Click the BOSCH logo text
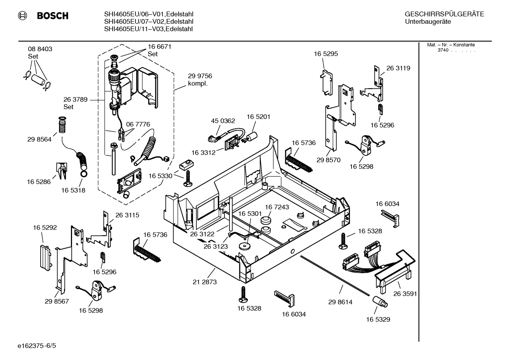point(52,16)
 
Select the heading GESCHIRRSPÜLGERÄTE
point(444,14)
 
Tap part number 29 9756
point(200,76)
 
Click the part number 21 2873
point(205,282)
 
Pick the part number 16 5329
point(378,319)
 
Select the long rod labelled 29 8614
point(335,274)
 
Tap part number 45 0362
point(223,121)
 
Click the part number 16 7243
point(277,207)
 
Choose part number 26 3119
point(398,68)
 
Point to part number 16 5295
point(326,54)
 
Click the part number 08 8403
point(40,49)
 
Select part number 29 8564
point(39,140)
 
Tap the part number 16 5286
point(39,182)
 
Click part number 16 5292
point(45,228)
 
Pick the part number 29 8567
point(57,301)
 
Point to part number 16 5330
point(160,176)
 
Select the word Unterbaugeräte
point(428,22)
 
